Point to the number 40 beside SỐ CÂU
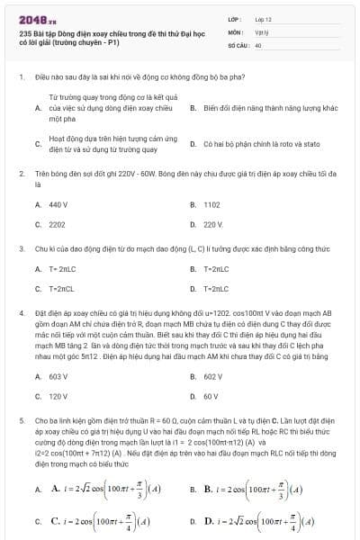[258, 43]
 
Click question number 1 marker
[21, 77]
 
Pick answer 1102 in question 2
[211, 205]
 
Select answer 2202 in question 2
[58, 223]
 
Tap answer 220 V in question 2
[212, 223]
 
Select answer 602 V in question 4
[212, 377]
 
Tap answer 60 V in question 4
[211, 395]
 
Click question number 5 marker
[21, 420]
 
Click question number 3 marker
[21, 245]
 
